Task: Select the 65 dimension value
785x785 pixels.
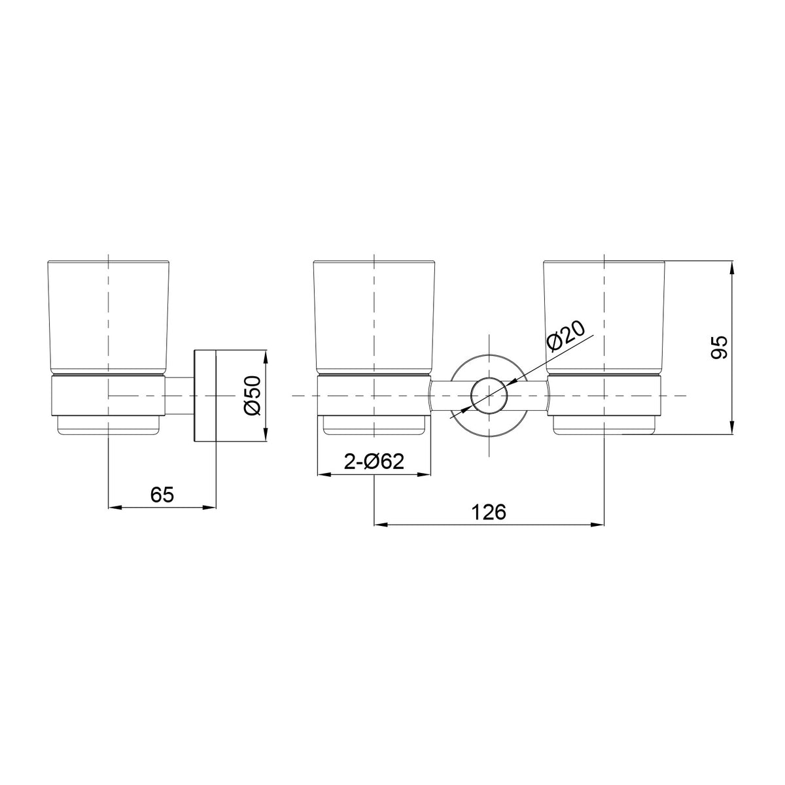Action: (x=162, y=495)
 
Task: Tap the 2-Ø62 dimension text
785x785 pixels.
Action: (x=374, y=462)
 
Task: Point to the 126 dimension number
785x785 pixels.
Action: (x=489, y=512)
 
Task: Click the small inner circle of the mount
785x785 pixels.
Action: (x=489, y=396)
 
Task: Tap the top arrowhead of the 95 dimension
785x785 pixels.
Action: (x=732, y=269)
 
